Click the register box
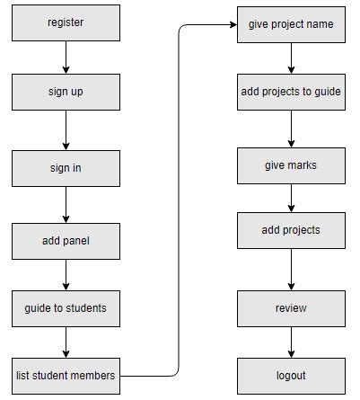[x=66, y=22]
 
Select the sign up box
[x=66, y=92]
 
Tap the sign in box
[x=66, y=167]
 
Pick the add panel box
[x=66, y=241]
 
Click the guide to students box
[x=66, y=308]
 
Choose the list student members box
[x=66, y=375]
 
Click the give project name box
[x=291, y=24]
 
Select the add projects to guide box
[x=291, y=92]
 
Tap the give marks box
[x=291, y=165]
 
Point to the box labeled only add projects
[x=291, y=230]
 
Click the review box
[x=291, y=308]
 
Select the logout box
[x=291, y=375]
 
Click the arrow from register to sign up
[x=66, y=57]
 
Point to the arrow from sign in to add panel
[x=66, y=204]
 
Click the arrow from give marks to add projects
[x=291, y=198]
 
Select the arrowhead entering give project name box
[x=231, y=25]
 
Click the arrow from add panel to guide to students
[x=66, y=274]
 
